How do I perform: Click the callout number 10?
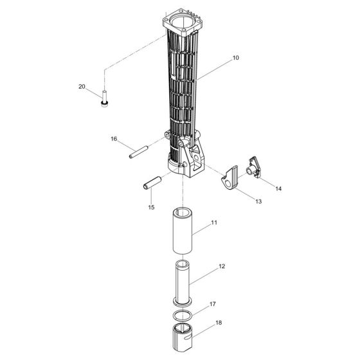[x=236, y=58]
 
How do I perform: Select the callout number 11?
[x=214, y=222]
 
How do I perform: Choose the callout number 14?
[x=278, y=188]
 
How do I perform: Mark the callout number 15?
[x=152, y=207]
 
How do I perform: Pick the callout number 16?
[x=114, y=139]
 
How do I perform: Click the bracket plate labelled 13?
[x=229, y=179]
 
